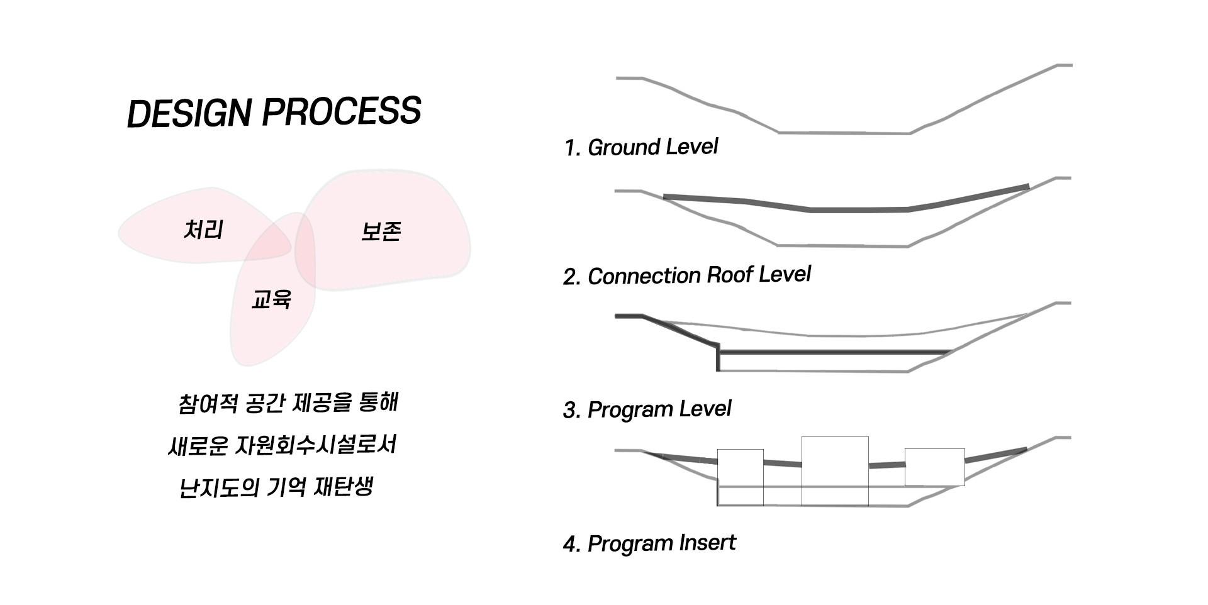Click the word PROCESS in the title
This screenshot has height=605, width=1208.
coord(341,111)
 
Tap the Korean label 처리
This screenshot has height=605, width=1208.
coord(203,230)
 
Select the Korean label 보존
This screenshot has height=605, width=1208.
coord(381,231)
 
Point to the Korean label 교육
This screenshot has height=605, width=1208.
coord(271,299)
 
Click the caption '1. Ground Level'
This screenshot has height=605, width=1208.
coord(641,147)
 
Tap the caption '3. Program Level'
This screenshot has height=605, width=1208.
coord(647,409)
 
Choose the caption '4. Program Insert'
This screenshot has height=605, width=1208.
coord(649,543)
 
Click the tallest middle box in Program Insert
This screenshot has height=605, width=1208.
coord(835,470)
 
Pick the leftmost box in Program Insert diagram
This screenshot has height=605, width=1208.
coord(741,477)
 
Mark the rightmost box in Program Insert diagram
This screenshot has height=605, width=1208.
coord(934,467)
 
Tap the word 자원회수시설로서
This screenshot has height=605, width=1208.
coord(315,445)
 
